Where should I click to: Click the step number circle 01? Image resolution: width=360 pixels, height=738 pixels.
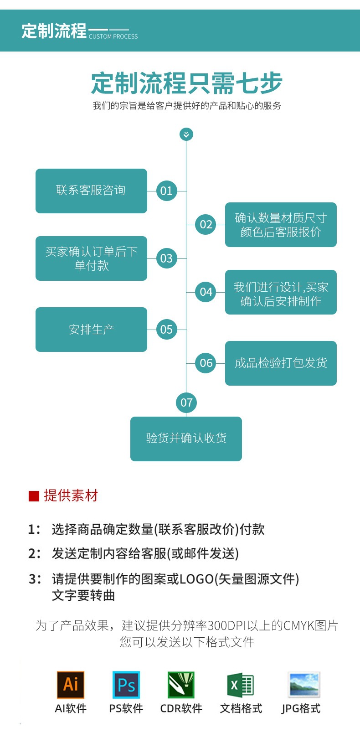coord(166,191)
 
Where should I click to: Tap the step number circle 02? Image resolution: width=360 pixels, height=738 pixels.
coord(206,224)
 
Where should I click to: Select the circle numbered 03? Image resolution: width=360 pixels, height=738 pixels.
coord(166,258)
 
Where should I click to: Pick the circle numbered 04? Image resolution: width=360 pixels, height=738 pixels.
coord(206,292)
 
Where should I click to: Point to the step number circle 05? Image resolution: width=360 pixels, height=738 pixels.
coord(166,329)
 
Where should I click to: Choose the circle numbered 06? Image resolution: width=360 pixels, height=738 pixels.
coord(206,363)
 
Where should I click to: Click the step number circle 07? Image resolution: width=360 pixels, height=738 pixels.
coord(186,403)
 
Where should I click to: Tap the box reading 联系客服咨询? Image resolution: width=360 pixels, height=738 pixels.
coord(91,191)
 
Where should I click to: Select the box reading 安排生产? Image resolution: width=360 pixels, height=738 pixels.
coord(91,329)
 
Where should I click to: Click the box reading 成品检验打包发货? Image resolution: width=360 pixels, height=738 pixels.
coord(281,363)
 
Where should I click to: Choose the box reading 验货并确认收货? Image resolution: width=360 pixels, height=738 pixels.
coord(186,439)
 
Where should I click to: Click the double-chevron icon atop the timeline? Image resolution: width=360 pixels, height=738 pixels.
coord(186,134)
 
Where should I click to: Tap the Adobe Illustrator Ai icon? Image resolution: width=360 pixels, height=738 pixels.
coord(71,685)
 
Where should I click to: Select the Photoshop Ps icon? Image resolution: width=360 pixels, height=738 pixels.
coord(126,685)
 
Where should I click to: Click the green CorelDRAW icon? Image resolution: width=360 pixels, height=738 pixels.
coord(181,685)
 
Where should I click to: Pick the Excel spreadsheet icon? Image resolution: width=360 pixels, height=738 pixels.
coord(240,685)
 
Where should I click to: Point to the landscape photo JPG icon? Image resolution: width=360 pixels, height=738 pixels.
coord(304,685)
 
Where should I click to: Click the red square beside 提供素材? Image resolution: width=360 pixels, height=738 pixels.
coord(34,496)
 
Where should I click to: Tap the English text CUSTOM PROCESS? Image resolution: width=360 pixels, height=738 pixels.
coord(113,36)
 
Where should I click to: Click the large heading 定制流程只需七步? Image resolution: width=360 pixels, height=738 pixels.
coord(187,83)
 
